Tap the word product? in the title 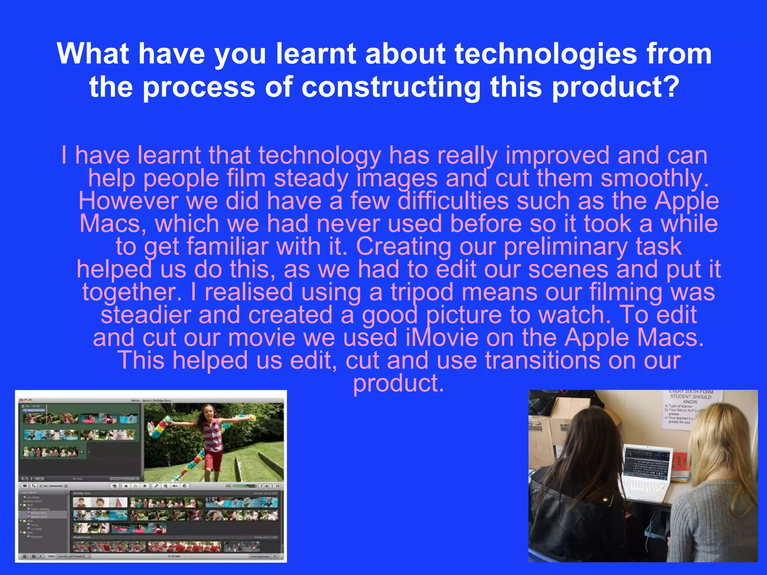(616, 87)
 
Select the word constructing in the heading (391, 87)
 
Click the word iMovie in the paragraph (442, 337)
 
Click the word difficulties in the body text (453, 201)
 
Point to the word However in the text (128, 201)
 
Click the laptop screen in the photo (648, 462)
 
